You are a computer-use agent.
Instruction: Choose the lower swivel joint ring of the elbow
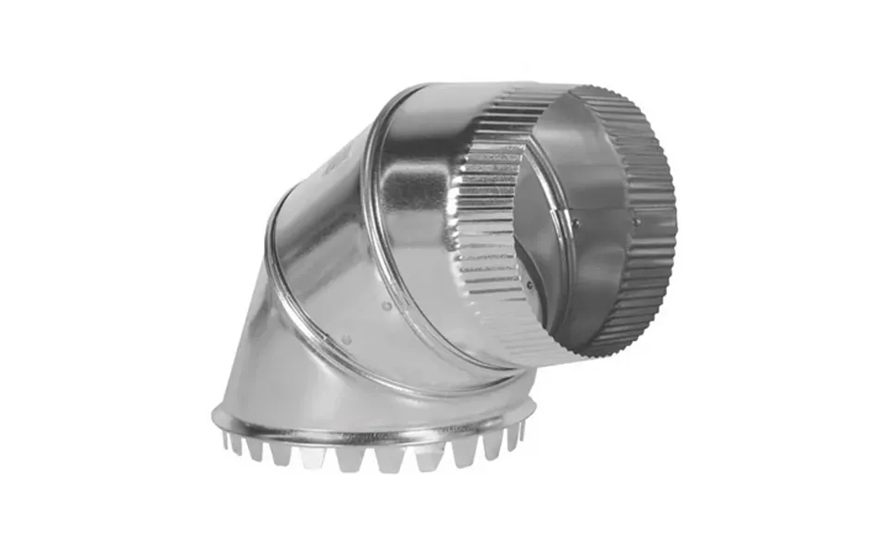(278, 278)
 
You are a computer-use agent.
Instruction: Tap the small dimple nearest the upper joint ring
(386, 305)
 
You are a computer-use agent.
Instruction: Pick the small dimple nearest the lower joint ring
(344, 339)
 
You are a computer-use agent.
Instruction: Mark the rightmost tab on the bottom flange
(520, 432)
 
